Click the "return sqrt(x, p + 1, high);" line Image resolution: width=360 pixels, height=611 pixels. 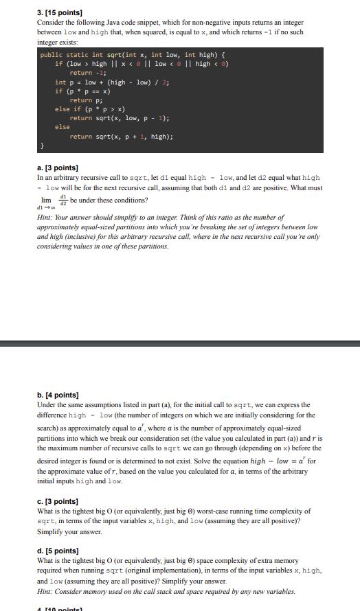(121, 136)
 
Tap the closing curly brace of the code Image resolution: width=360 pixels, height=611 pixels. (42, 146)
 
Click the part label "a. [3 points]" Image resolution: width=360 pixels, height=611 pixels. (58, 168)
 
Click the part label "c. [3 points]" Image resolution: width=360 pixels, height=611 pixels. (58, 500)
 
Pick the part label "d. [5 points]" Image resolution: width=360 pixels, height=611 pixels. (58, 551)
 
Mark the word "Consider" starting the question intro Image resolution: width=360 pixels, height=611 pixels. (50, 23)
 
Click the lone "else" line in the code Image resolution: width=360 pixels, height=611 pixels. (63, 127)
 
